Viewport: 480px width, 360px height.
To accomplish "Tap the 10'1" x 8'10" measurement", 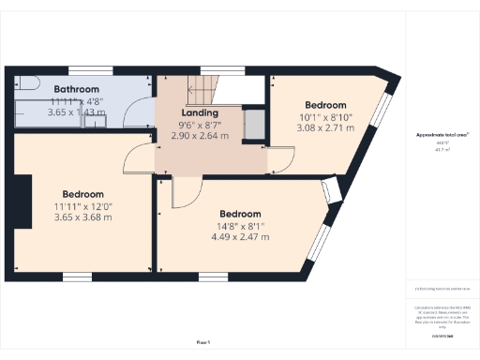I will pyautogui.click(x=324, y=116).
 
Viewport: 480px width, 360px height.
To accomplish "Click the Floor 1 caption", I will pyautogui.click(x=202, y=342).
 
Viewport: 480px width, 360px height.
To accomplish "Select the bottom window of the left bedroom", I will pyautogui.click(x=75, y=277).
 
